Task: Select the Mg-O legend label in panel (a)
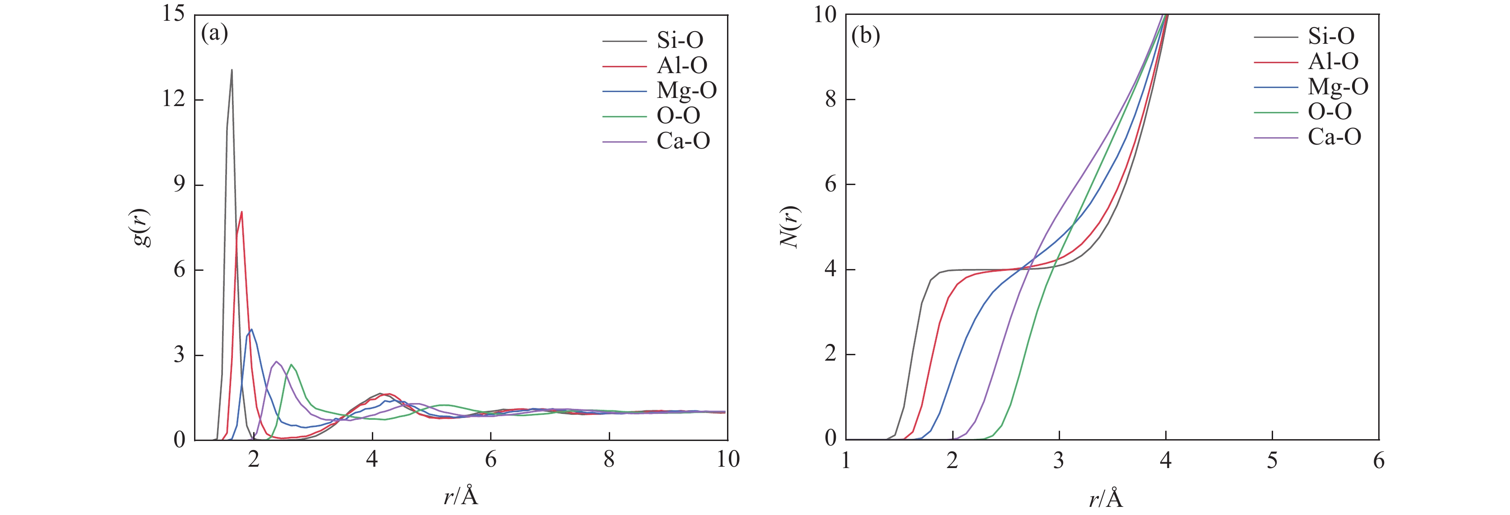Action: pos(686,90)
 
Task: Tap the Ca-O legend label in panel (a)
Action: pos(683,141)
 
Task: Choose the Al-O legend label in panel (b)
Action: pos(1333,61)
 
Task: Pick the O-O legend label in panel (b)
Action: pos(1329,111)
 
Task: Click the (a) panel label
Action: pos(214,33)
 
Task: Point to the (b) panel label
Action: pos(865,37)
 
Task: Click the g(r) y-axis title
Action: pos(141,227)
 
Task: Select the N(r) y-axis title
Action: pos(791,227)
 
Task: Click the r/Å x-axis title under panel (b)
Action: pos(1106,499)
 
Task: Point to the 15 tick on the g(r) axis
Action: pos(173,14)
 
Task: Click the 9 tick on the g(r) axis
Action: pos(179,185)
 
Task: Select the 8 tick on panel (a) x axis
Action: pos(609,459)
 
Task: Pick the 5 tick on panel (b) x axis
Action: pos(1272,460)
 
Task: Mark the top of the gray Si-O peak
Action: pos(232,70)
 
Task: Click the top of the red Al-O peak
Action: pos(241,212)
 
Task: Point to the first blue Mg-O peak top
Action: pos(251,329)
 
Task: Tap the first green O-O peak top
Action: pos(292,364)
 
